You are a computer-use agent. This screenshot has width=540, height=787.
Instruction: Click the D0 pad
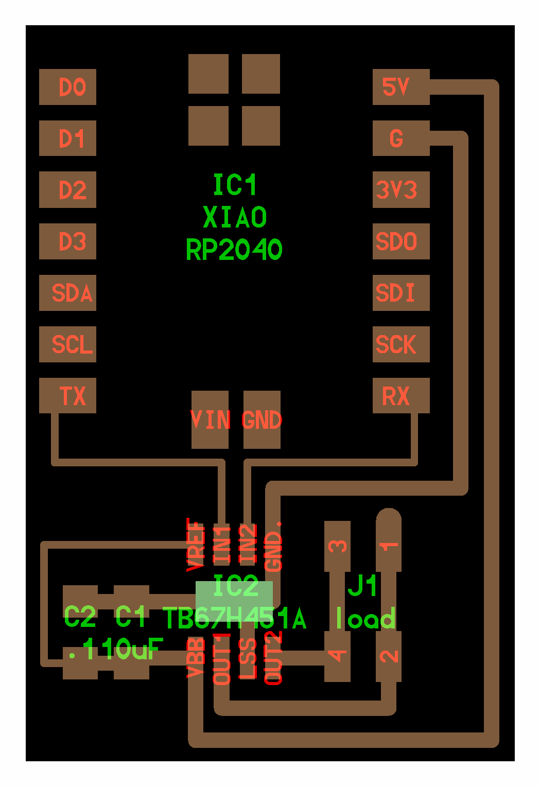[67, 87]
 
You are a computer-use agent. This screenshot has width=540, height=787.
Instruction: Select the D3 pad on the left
[67, 241]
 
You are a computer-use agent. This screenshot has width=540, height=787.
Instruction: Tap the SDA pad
[67, 293]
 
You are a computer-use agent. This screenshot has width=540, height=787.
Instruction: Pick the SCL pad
[67, 344]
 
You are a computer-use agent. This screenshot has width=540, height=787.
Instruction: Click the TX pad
[67, 396]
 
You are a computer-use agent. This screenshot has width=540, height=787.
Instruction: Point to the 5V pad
[401, 87]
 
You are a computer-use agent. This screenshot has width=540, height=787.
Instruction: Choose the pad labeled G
[401, 138]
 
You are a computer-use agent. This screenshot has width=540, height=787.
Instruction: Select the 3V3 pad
[401, 190]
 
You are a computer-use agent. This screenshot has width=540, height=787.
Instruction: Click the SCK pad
[401, 344]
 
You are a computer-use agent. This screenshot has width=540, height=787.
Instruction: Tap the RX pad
[401, 396]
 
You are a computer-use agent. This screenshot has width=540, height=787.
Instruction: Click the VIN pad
[210, 419]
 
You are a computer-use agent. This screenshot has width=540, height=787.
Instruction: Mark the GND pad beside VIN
[262, 419]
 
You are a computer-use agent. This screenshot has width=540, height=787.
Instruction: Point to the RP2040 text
[234, 250]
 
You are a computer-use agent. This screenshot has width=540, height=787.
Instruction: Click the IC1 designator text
[235, 185]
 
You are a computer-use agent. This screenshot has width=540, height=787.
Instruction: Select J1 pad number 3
[337, 546]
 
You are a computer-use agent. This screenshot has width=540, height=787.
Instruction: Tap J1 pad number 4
[337, 656]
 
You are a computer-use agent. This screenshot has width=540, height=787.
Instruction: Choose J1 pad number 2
[389, 656]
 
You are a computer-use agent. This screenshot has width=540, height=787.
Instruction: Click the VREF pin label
[196, 545]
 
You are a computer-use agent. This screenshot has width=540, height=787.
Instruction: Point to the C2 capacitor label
[80, 617]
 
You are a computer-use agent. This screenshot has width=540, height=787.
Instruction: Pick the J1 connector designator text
[363, 585]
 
